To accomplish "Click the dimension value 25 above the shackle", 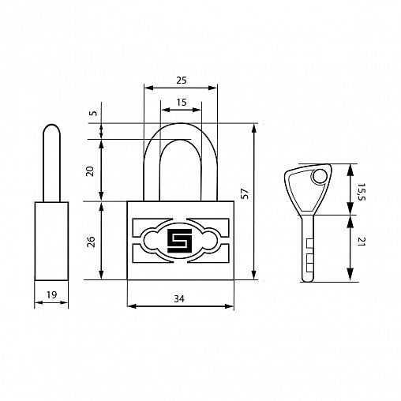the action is click(x=182, y=81).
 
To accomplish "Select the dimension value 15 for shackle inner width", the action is click(x=182, y=102).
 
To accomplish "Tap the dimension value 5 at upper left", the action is click(x=93, y=113).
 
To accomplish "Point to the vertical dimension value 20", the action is click(x=90, y=171).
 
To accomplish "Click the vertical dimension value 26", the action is click(x=91, y=242).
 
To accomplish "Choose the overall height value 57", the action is click(x=245, y=193).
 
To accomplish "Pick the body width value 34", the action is click(x=179, y=299).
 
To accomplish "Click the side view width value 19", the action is click(x=51, y=294).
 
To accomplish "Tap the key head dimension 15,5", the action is click(x=362, y=192).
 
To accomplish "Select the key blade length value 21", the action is click(x=362, y=242).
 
